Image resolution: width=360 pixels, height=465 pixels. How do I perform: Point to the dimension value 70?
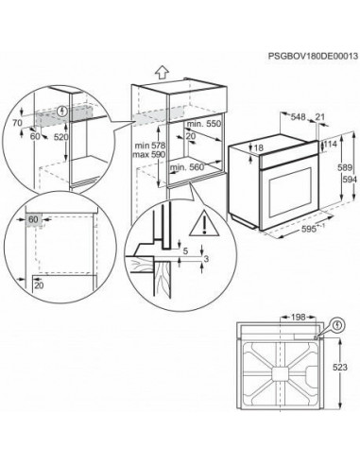pyautogui.click(x=16, y=124)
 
